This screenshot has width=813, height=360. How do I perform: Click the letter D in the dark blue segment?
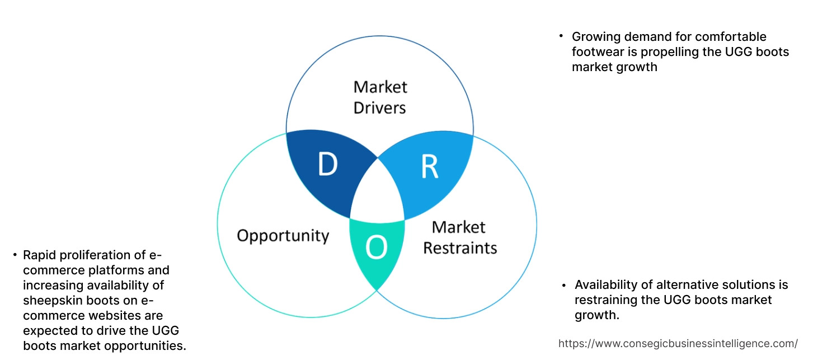(x=328, y=164)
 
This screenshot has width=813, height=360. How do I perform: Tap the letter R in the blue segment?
(x=430, y=167)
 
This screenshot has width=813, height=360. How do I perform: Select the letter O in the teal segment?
(x=377, y=248)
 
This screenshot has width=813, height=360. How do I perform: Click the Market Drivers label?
(x=380, y=97)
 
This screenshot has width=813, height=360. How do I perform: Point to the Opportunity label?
(x=283, y=235)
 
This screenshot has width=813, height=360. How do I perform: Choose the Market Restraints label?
(x=459, y=237)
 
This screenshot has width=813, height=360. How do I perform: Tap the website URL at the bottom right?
(x=678, y=343)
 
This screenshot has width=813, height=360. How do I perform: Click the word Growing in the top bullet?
(x=595, y=37)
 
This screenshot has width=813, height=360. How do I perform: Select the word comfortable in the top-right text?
(x=730, y=37)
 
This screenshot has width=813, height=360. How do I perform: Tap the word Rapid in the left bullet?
(x=40, y=255)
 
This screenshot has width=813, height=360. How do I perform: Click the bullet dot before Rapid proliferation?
(x=15, y=255)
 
